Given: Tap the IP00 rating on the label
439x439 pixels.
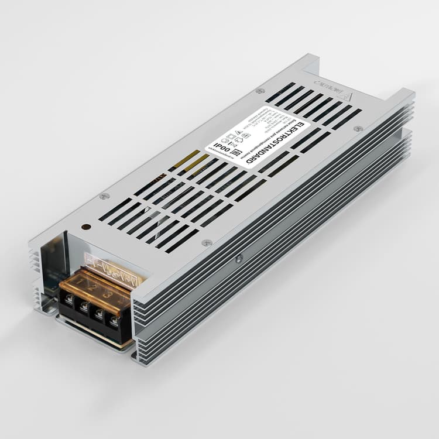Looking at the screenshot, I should click(221, 143).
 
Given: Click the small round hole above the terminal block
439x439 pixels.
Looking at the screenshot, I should click(85, 227).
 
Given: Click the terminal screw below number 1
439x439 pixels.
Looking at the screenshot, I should click(69, 300).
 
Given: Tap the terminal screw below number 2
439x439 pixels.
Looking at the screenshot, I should click(84, 307).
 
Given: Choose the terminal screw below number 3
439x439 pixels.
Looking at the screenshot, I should click(99, 314).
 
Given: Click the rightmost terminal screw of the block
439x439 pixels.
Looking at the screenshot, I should click(114, 321).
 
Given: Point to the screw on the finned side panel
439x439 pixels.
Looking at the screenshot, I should click(238, 258).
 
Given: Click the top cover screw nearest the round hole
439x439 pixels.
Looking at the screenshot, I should click(104, 197).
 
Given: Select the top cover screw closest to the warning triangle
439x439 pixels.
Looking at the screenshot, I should click(358, 128).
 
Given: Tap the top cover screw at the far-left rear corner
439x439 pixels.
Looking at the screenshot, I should click(260, 91).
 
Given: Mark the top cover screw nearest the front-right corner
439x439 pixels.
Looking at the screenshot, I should click(206, 242).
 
